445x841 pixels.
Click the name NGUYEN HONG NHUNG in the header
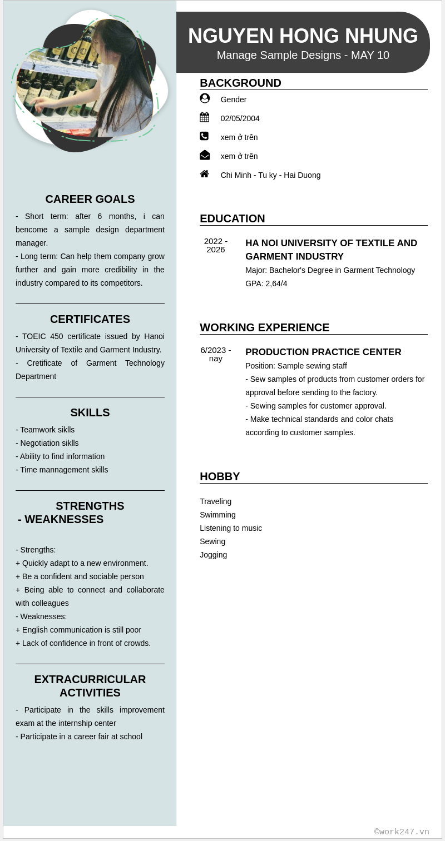[x=303, y=36]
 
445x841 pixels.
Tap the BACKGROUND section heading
[x=240, y=83]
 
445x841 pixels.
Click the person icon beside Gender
[x=205, y=98]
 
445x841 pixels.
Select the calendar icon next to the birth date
[x=205, y=117]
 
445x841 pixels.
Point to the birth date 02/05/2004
[x=240, y=118]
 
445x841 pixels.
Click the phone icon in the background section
[x=204, y=136]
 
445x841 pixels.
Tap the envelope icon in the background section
[x=205, y=155]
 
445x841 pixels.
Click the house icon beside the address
[x=205, y=174]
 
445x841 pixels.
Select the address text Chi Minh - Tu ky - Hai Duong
[x=270, y=175]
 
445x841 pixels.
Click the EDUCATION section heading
[x=232, y=218]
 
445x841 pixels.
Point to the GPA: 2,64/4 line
[x=266, y=283]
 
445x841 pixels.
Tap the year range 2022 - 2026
[x=216, y=245]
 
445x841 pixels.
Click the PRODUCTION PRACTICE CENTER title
[x=323, y=352]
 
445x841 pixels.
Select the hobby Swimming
[x=217, y=515]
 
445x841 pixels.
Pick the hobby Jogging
[x=213, y=555]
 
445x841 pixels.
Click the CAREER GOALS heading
[x=90, y=199]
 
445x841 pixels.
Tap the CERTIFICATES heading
[x=90, y=319]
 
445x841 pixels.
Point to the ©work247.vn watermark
[x=402, y=832]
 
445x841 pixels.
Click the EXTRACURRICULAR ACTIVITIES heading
[x=90, y=686]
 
